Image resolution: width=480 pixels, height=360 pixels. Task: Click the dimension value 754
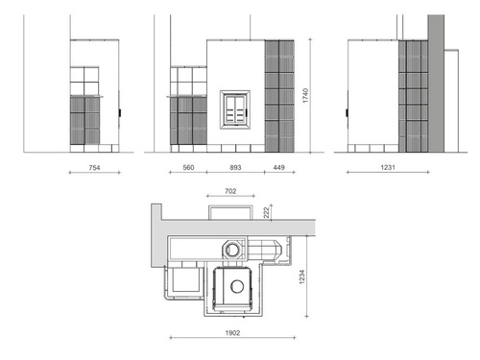pyautogui.click(x=94, y=167)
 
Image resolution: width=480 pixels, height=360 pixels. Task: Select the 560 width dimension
pyautogui.click(x=188, y=167)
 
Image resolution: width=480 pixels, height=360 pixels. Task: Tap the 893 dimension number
pyautogui.click(x=235, y=167)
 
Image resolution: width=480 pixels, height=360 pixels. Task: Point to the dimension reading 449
pyautogui.click(x=279, y=167)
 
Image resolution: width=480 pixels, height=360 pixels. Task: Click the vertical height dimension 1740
pyautogui.click(x=305, y=95)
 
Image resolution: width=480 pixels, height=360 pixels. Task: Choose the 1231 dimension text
pyautogui.click(x=388, y=167)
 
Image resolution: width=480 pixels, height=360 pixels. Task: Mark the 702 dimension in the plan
pyautogui.click(x=230, y=191)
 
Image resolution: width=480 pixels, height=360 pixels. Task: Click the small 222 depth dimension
pyautogui.click(x=266, y=213)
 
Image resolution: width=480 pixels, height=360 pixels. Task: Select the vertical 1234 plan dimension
pyautogui.click(x=301, y=276)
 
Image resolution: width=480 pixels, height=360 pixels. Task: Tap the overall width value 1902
pyautogui.click(x=232, y=333)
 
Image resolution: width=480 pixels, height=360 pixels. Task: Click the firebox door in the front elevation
pyautogui.click(x=235, y=109)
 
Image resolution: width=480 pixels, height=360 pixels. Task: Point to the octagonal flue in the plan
pyautogui.click(x=232, y=250)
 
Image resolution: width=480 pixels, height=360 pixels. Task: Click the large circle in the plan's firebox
pyautogui.click(x=237, y=286)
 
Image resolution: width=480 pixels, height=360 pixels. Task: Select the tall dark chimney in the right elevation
pyautogui.click(x=436, y=84)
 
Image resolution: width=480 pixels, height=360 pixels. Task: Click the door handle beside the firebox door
pyautogui.click(x=247, y=112)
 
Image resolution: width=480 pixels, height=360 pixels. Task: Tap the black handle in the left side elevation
pyautogui.click(x=120, y=112)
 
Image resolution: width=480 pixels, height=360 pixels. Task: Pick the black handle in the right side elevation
pyautogui.click(x=347, y=112)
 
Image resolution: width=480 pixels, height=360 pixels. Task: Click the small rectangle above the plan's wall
pyautogui.click(x=230, y=212)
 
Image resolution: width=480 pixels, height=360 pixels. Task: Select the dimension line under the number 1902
pyautogui.click(x=232, y=337)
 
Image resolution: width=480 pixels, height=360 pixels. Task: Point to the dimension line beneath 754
pyautogui.click(x=94, y=173)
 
